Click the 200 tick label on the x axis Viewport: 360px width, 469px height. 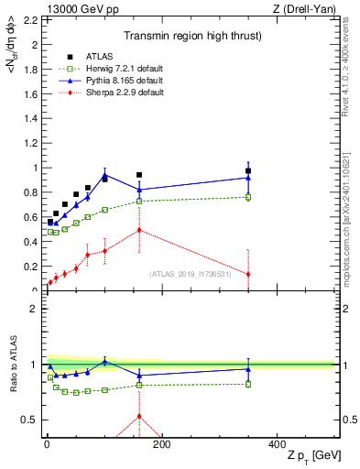click(161, 443)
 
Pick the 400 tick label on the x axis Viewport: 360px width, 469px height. click(276, 443)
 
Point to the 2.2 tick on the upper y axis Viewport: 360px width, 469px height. click(29, 19)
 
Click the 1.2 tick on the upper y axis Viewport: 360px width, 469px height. click(29, 143)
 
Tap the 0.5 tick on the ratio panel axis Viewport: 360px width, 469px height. click(29, 420)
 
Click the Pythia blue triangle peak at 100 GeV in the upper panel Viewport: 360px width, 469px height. click(104, 175)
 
